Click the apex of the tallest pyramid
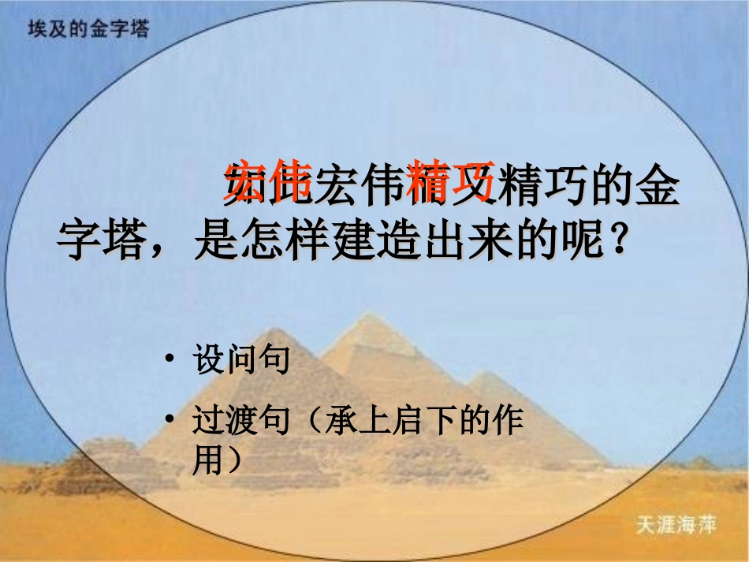pyautogui.click(x=366, y=316)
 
